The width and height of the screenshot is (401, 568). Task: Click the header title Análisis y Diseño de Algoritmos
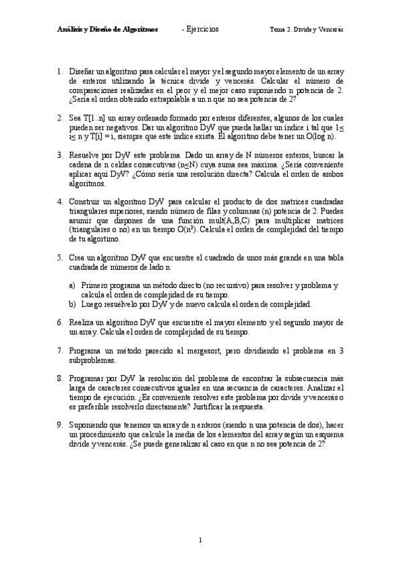point(107,29)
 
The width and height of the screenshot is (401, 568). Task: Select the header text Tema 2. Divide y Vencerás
point(306,29)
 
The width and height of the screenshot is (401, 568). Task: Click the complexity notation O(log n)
point(323,135)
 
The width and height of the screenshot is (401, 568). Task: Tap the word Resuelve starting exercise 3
point(85,154)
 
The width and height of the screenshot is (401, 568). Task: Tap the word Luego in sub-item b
point(91,304)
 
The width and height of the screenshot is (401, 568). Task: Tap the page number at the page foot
point(200,539)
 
